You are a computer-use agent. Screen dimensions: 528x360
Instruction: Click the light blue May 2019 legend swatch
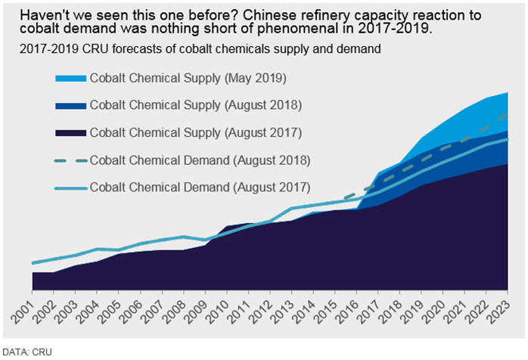(x=70, y=79)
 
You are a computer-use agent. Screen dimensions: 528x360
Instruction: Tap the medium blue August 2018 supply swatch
(x=70, y=106)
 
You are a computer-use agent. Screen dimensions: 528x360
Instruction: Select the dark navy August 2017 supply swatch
(x=70, y=133)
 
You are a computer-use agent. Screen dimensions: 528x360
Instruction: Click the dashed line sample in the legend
(x=70, y=160)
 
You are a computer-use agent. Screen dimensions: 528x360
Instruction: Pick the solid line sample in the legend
(x=70, y=188)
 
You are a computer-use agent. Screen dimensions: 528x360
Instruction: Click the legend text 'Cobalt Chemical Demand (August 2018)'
(x=200, y=160)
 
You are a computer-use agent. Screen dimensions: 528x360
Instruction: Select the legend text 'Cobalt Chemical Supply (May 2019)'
(x=188, y=78)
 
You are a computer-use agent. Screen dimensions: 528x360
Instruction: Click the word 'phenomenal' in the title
(x=298, y=28)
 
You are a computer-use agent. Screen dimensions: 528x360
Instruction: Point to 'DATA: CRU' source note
(x=27, y=352)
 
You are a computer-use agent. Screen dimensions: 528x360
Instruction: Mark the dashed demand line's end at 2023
(x=507, y=114)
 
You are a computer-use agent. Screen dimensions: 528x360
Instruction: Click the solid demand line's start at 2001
(x=33, y=263)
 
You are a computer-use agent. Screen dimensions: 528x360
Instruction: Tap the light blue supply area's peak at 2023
(x=508, y=92)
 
